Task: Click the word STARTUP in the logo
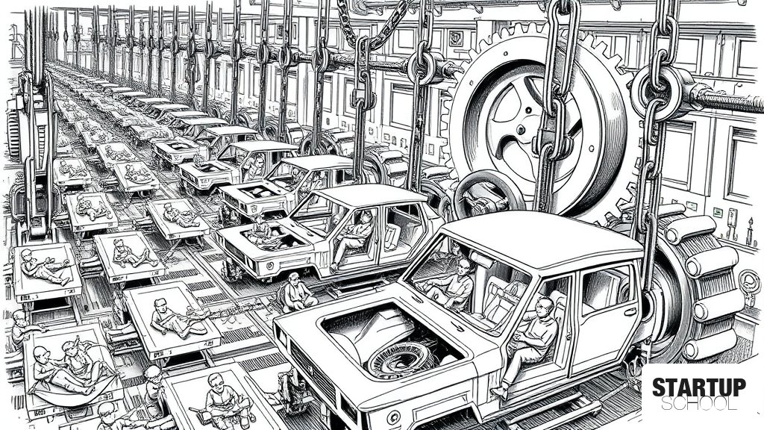698,387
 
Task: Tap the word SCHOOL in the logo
698,404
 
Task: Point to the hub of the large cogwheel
522,129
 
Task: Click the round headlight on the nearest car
393,417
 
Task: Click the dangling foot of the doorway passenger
499,393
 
